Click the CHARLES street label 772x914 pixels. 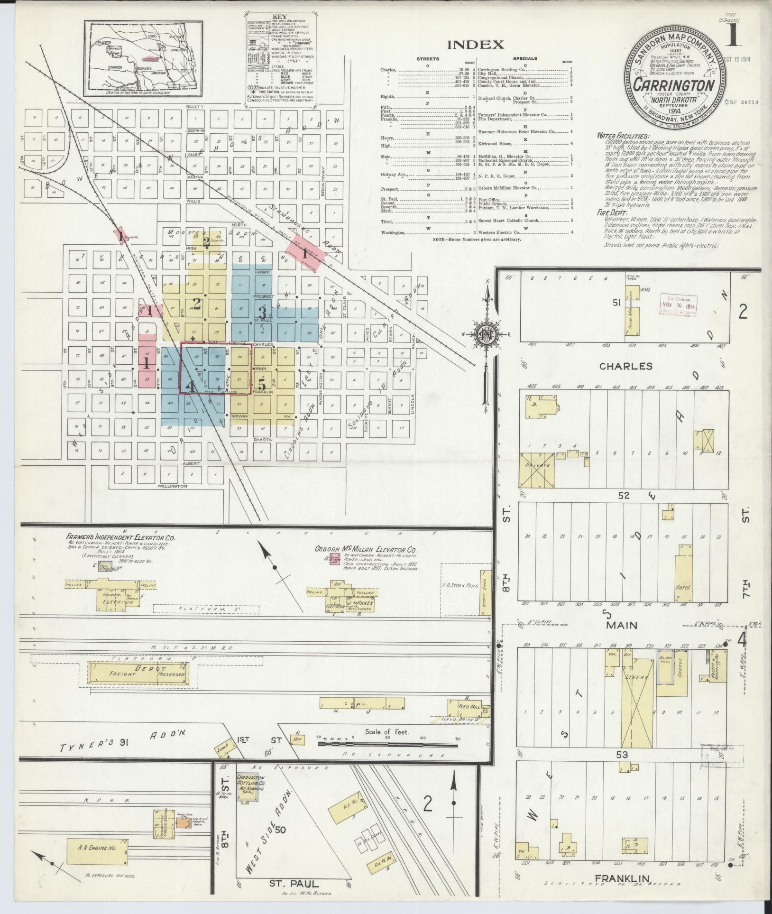tap(625, 366)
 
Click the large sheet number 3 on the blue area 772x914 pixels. tap(261, 312)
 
